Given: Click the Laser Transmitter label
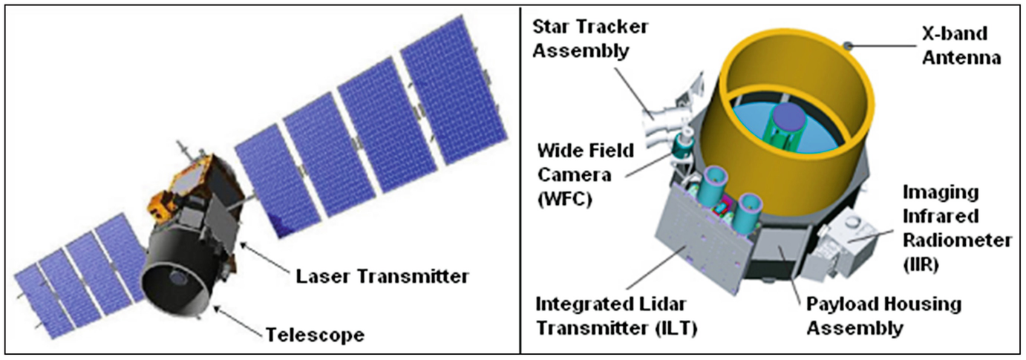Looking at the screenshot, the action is (x=382, y=277).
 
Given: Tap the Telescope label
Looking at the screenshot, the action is (x=315, y=335).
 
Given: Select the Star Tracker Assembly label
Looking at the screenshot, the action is (x=590, y=39).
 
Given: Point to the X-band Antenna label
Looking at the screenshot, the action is (x=961, y=46).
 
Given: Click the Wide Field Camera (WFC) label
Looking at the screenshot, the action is (x=585, y=175).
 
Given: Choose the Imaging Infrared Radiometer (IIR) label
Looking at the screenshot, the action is (x=957, y=228).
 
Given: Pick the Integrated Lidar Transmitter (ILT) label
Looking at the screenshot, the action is (x=616, y=316).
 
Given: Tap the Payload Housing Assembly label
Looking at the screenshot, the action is (x=883, y=316).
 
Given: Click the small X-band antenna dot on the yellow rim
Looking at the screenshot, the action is (x=848, y=45).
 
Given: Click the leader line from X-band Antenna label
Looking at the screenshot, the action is (x=883, y=45).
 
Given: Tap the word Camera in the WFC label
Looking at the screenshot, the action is (x=575, y=175).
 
